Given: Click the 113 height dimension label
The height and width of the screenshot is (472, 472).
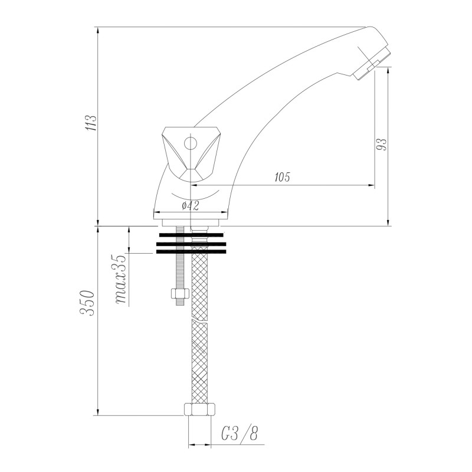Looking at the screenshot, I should pos(90,124).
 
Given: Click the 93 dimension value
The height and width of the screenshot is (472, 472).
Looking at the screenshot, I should pos(382,145).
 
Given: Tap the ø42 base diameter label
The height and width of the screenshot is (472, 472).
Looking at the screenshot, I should pos(189,205).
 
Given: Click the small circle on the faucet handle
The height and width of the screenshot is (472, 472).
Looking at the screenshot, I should pos(190,143).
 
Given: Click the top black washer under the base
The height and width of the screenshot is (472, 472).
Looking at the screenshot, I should pos(191,235).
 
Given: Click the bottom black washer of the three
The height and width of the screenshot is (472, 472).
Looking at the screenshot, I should pos(191,251).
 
